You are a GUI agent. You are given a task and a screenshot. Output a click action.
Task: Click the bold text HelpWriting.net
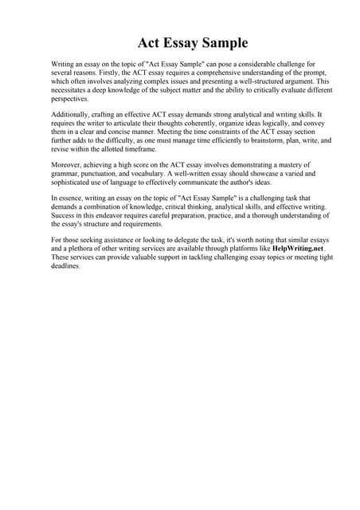tap(298, 249)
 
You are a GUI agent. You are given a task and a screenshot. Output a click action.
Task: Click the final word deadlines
tap(68, 266)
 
